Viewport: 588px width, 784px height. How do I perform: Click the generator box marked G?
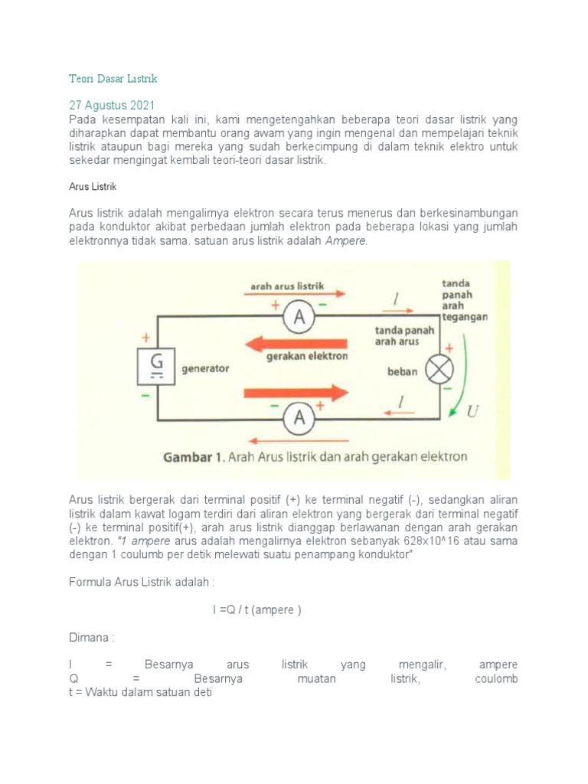(156, 367)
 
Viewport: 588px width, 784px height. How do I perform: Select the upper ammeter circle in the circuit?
(300, 320)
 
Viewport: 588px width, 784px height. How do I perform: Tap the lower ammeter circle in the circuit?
(300, 418)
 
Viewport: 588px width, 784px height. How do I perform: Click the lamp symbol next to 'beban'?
(439, 371)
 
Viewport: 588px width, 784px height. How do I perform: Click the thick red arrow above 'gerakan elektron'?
(299, 341)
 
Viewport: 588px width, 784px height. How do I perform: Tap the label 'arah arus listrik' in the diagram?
(287, 286)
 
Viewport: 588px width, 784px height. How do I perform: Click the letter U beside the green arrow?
(473, 412)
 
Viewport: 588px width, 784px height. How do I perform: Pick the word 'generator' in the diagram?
(205, 368)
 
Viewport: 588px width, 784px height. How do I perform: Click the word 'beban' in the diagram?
(402, 372)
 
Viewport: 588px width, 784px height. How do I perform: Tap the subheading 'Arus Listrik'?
(92, 186)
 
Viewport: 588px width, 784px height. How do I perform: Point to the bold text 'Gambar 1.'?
(192, 458)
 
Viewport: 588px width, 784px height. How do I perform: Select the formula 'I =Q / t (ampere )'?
(257, 609)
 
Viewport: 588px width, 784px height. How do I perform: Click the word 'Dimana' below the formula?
(91, 637)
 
